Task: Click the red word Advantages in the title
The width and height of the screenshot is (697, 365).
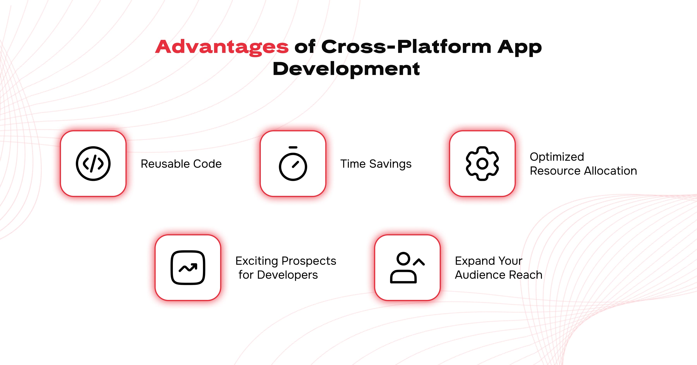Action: click(222, 47)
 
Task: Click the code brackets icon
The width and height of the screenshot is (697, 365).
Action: click(93, 164)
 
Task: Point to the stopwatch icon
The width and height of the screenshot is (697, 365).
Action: click(293, 164)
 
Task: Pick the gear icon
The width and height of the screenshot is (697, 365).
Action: click(482, 164)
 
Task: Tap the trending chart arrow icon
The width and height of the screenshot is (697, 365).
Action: click(188, 268)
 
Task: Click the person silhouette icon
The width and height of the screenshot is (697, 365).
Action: click(407, 268)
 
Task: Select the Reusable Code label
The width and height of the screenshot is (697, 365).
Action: click(181, 164)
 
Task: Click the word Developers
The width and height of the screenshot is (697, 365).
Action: click(287, 275)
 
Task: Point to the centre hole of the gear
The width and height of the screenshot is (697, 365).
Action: click(482, 164)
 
